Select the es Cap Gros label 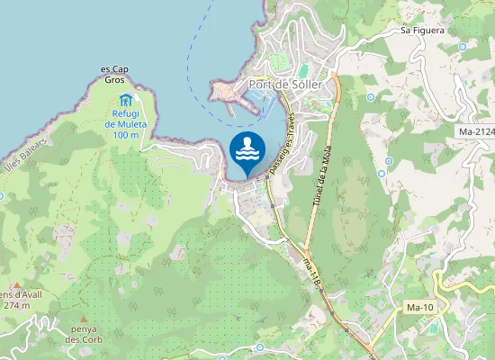click(x=114, y=74)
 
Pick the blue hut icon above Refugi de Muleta click(x=126, y=99)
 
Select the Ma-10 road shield click(x=420, y=308)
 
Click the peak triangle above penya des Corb click(x=84, y=320)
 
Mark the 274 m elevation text click(x=16, y=305)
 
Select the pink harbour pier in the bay click(x=229, y=94)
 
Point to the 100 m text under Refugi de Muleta click(x=126, y=135)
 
